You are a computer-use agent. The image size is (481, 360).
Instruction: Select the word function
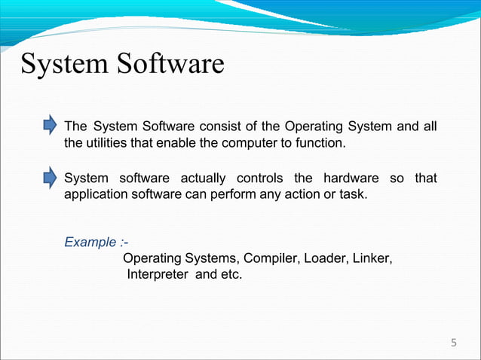[323, 142]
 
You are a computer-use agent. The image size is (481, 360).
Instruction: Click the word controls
[260, 178]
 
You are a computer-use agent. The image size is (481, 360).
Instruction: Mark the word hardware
[351, 178]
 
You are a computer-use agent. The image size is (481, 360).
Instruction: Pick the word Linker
[372, 258]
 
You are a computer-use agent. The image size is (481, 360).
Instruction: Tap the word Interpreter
[158, 274]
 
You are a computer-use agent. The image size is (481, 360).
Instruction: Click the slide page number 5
[453, 343]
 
